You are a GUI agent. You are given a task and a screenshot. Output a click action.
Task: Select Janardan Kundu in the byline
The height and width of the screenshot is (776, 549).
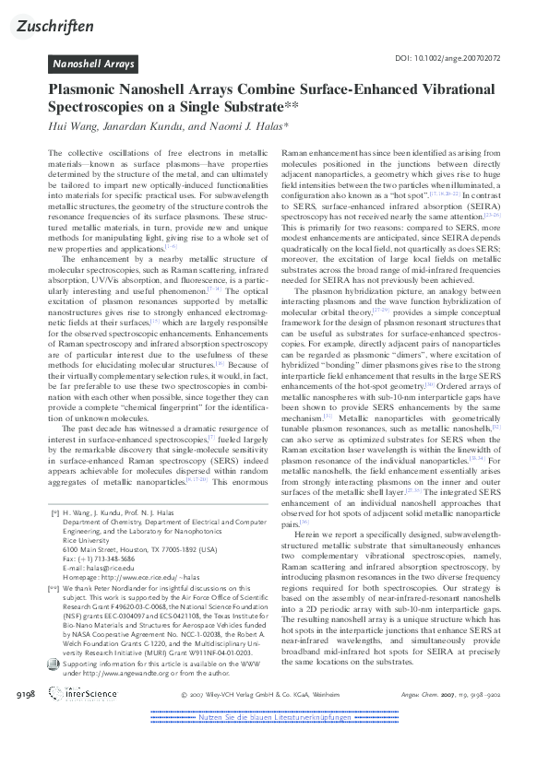tap(135, 124)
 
